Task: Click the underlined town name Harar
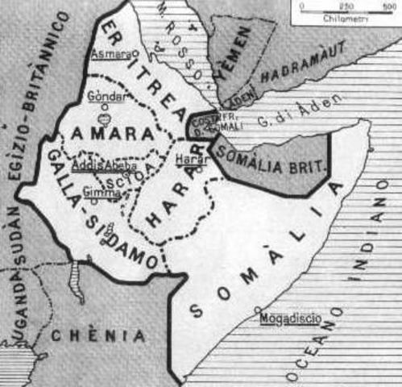tap(191, 160)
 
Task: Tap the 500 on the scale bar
tap(390, 5)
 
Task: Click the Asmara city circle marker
tap(135, 54)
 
